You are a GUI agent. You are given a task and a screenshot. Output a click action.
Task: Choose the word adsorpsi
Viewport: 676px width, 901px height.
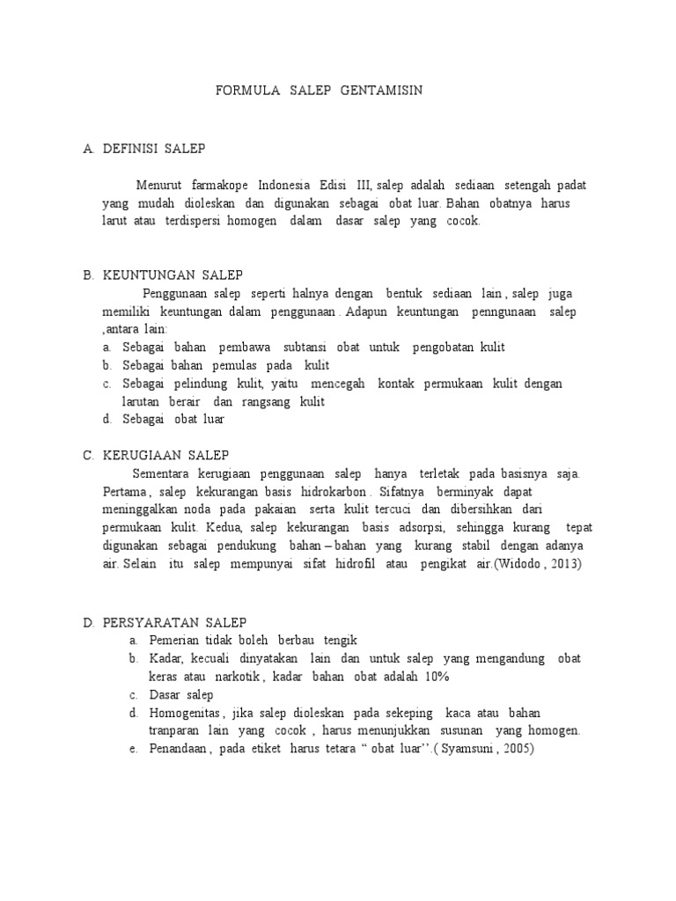(418, 528)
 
